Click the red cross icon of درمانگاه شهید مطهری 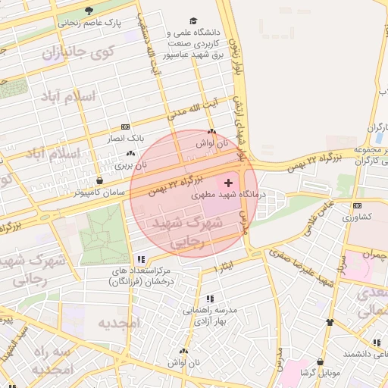[229, 183]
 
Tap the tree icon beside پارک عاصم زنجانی [89, 11]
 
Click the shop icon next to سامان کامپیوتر [101, 181]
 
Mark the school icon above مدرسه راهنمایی [209, 299]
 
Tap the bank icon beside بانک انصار [125, 127]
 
